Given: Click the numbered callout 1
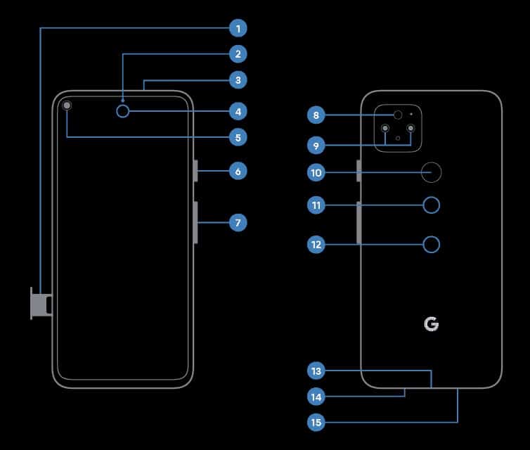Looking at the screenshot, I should coord(238,29).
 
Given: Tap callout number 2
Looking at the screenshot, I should coord(238,53).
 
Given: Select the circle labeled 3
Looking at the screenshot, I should coord(238,80).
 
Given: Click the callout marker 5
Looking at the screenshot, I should coord(238,138).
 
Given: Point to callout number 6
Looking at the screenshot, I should coord(238,171).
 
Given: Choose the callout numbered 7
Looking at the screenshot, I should coord(238,223).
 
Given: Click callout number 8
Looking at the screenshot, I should coord(316,115).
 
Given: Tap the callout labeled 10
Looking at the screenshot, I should coord(316,172).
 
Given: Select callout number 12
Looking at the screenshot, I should coord(316,245).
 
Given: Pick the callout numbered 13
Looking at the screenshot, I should coord(316,371).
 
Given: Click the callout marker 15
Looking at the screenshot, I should coord(316,422).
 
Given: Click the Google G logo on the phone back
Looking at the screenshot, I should coord(432,324).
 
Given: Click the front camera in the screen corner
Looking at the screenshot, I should coord(67,106).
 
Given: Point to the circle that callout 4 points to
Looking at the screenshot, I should coord(124,111).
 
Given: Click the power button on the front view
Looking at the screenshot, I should coord(195,171).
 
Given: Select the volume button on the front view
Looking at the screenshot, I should coord(195,222).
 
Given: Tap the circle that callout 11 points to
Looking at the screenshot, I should coord(432,205).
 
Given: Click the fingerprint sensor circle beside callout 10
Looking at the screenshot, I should coord(432,171).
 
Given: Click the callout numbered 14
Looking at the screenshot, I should coord(316,397).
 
